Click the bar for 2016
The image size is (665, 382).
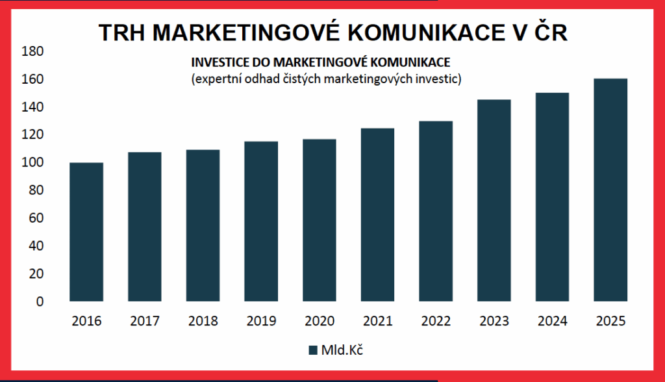[86, 232]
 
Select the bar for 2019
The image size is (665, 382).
[261, 222]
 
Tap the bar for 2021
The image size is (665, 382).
[377, 215]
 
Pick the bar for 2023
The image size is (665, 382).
[494, 201]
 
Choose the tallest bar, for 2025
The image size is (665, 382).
[610, 190]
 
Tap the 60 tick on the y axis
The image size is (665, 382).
[35, 218]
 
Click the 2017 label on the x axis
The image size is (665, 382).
[145, 322]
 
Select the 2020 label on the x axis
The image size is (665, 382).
[320, 322]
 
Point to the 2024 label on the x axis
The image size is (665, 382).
[552, 322]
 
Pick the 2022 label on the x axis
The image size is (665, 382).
[436, 322]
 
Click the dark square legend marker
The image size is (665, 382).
[312, 350]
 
